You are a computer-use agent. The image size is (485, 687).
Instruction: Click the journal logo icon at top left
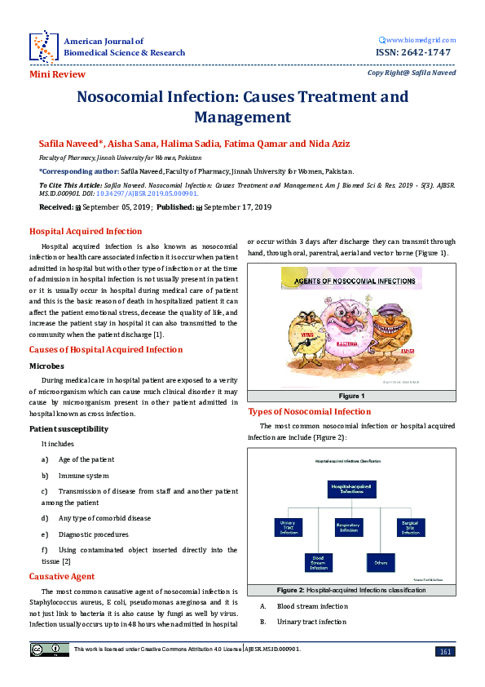tap(42, 46)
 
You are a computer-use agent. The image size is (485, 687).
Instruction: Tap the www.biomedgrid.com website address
tap(419, 39)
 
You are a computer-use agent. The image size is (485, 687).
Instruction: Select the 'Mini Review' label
tap(57, 74)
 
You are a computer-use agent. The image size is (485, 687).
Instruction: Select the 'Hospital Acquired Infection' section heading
tap(86, 231)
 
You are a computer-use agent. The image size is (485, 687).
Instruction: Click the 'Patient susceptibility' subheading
tap(68, 428)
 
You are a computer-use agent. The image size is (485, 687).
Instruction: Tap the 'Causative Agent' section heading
tap(62, 577)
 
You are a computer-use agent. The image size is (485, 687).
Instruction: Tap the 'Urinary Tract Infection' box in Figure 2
tap(288, 527)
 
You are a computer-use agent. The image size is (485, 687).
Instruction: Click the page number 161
tap(446, 651)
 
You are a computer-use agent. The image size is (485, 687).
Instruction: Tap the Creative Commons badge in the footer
tap(40, 649)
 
